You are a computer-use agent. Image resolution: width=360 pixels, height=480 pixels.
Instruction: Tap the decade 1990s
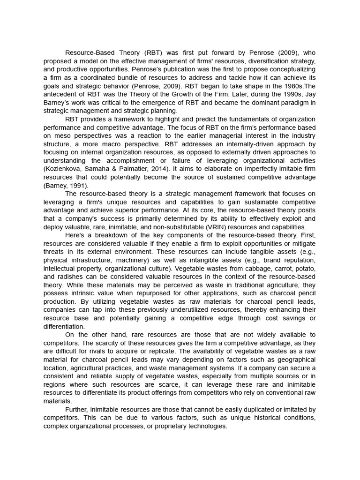287,94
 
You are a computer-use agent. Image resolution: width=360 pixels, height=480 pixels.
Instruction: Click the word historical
264,419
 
